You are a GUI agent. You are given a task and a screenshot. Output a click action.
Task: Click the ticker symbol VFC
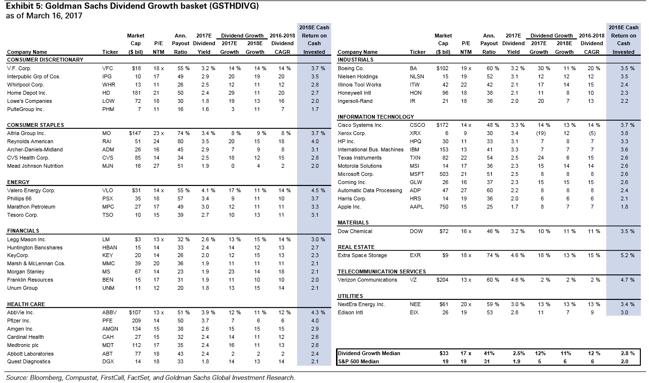point(108,68)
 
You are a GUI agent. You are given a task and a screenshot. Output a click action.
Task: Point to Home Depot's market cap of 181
point(136,93)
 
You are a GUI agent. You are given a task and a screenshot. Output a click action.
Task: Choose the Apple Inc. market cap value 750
point(443,207)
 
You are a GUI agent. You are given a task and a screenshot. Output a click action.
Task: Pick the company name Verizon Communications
point(367,280)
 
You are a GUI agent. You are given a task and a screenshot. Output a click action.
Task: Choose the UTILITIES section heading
point(350,296)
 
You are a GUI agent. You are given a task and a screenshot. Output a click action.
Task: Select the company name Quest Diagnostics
point(28,361)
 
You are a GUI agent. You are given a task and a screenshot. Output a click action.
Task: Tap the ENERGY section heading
point(18,182)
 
